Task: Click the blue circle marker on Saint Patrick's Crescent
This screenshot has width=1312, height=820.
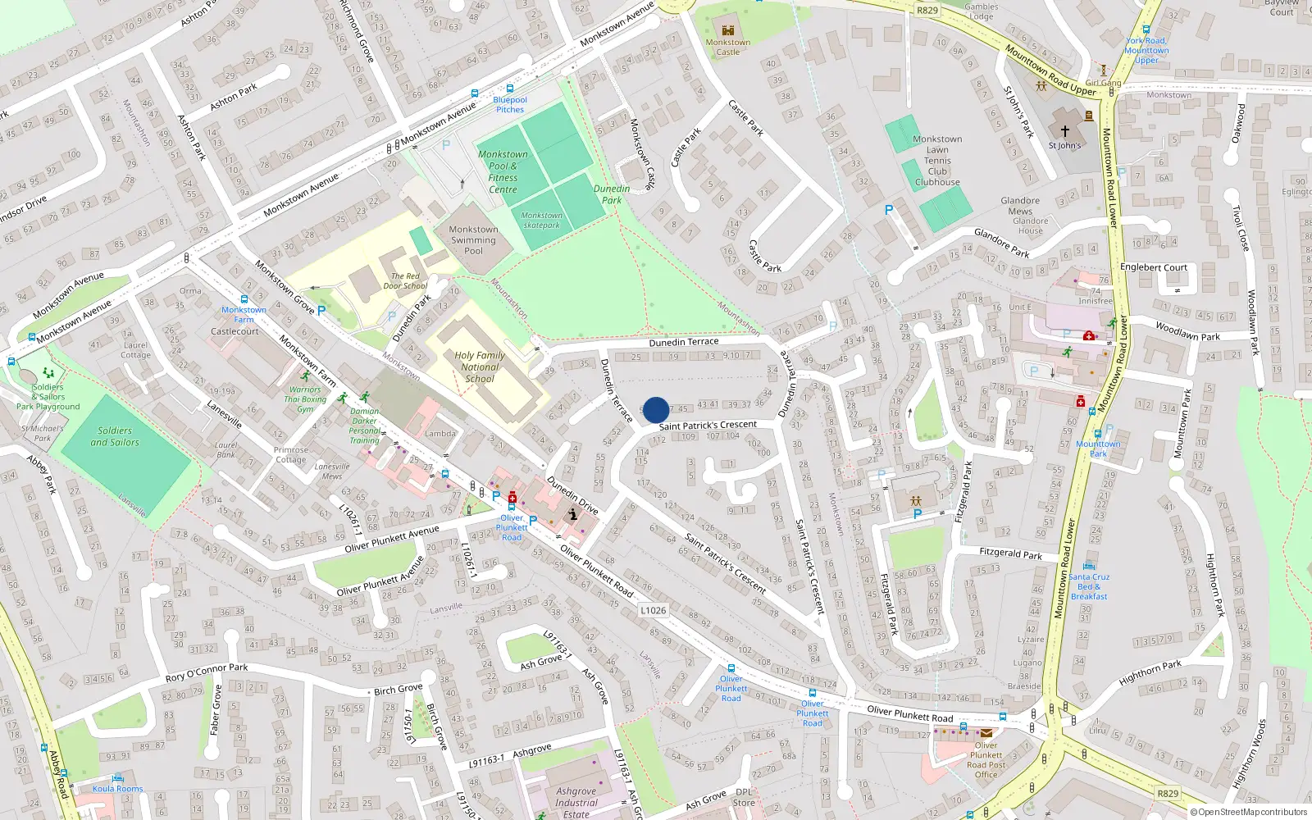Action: click(x=656, y=410)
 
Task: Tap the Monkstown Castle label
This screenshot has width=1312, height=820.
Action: click(x=727, y=48)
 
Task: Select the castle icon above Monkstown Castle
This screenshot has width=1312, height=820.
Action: click(x=727, y=30)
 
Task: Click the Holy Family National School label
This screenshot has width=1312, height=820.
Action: click(x=480, y=367)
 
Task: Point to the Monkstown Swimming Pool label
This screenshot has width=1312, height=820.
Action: click(x=473, y=240)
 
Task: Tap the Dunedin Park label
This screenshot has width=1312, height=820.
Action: click(x=612, y=194)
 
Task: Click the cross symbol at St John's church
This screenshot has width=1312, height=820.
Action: click(x=1064, y=131)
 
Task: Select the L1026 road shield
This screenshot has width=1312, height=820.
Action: click(x=654, y=610)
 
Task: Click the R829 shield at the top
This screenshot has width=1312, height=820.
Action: click(x=927, y=11)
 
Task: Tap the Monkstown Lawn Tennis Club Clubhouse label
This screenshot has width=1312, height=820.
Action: click(x=937, y=161)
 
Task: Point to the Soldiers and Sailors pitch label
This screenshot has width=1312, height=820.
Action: click(x=115, y=436)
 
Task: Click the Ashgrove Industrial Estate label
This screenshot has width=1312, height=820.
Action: click(x=576, y=803)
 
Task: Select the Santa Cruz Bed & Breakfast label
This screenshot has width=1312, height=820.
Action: click(x=1089, y=586)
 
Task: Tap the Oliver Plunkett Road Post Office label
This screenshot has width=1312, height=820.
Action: click(x=986, y=760)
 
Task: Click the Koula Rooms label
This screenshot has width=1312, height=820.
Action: click(x=117, y=789)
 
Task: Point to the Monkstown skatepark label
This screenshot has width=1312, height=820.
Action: click(x=541, y=220)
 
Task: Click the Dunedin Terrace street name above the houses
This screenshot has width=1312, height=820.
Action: click(x=684, y=342)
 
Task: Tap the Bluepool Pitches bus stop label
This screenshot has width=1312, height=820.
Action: click(x=510, y=105)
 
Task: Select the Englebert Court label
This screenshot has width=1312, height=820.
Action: click(x=1154, y=267)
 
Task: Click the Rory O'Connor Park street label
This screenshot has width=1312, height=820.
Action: click(x=207, y=672)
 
